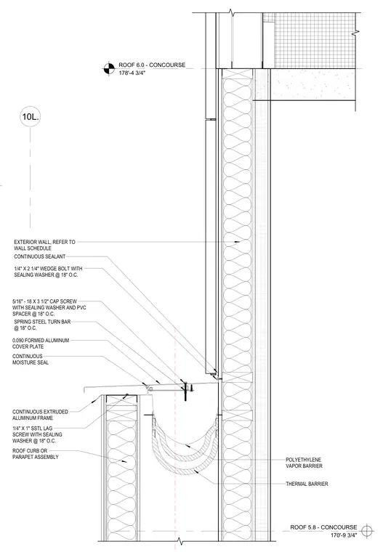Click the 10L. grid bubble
30,117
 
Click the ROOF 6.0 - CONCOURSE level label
152,65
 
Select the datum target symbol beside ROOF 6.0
109,69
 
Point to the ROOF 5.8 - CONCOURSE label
323,527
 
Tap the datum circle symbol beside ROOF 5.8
367,529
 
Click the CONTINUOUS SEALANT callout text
39,256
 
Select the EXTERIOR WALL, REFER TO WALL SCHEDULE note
44,245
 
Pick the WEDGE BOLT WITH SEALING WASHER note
48,272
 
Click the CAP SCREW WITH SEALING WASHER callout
49,308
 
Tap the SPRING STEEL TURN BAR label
42,325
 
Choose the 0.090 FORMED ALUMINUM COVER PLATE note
41,344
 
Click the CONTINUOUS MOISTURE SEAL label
31,359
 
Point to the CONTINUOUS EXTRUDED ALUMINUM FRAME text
40,415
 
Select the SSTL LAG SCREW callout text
37,434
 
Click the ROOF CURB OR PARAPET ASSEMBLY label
35,454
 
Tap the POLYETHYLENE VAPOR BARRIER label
304,463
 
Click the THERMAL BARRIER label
307,484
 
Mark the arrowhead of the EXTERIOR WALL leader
238,242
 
